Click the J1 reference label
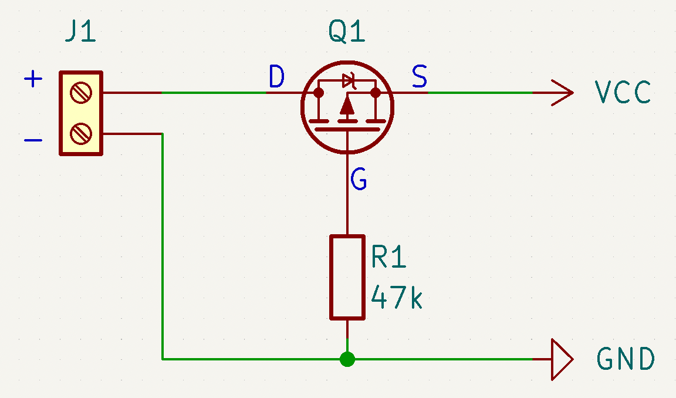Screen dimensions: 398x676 tap(80, 33)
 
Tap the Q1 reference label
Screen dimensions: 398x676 tap(347, 33)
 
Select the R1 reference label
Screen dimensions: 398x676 tap(388, 257)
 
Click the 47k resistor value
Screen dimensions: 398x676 tap(397, 298)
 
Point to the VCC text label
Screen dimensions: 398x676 tap(623, 93)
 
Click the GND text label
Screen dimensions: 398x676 tap(626, 359)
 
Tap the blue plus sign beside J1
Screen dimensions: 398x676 tap(33, 79)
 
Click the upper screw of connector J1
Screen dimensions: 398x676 tap(80, 93)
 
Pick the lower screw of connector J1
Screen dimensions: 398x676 tap(80, 134)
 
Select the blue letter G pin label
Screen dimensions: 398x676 tap(359, 179)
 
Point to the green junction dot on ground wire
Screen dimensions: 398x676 tap(347, 359)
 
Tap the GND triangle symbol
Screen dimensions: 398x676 tap(561, 359)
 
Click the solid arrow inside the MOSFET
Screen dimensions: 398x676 tap(347, 106)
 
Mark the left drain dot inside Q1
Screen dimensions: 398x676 tap(319, 93)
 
